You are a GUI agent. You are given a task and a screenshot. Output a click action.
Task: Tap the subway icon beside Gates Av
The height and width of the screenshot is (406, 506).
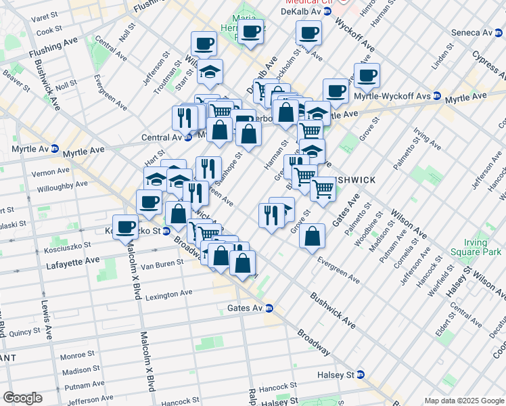click(269, 309)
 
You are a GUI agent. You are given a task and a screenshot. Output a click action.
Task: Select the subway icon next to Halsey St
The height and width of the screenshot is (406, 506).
click(361, 374)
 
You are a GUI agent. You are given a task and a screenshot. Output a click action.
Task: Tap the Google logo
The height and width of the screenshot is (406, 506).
click(22, 398)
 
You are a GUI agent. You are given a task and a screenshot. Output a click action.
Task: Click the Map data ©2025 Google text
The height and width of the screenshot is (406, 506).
click(464, 401)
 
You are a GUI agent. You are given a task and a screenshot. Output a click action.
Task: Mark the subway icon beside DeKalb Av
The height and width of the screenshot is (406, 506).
click(327, 12)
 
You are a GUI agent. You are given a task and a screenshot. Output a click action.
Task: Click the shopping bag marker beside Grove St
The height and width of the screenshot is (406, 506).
click(313, 238)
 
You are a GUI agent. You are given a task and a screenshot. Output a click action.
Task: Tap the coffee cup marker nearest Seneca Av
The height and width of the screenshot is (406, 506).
click(367, 76)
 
